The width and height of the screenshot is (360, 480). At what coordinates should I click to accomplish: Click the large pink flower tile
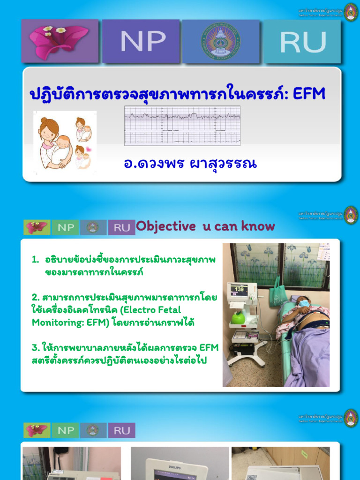coord(60,41)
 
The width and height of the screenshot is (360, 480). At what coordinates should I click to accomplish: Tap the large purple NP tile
coord(141,41)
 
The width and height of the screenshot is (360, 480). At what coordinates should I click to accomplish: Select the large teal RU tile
coord(302,41)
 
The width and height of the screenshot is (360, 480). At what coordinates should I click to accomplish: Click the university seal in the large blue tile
coord(220,41)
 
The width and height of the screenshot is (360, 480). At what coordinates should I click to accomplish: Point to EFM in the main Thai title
coord(309,94)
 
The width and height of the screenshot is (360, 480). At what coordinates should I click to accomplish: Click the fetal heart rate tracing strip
coord(182,126)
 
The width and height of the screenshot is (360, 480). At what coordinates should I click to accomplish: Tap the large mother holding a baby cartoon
coord(53,142)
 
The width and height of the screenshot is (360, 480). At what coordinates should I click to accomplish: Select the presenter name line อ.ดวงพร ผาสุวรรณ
coord(190,164)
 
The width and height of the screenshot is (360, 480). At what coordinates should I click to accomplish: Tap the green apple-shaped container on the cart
coord(238,318)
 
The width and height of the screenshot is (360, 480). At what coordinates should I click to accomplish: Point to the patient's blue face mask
coord(304,303)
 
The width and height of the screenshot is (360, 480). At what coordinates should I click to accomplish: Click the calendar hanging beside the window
coord(323,252)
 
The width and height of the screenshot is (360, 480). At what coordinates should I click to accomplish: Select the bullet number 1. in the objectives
coord(35,260)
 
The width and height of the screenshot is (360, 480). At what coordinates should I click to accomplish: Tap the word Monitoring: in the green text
coord(57,322)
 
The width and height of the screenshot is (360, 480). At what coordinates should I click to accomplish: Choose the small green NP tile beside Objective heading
coord(66,228)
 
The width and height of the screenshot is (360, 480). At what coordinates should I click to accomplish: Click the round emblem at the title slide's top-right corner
coord(351,12)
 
